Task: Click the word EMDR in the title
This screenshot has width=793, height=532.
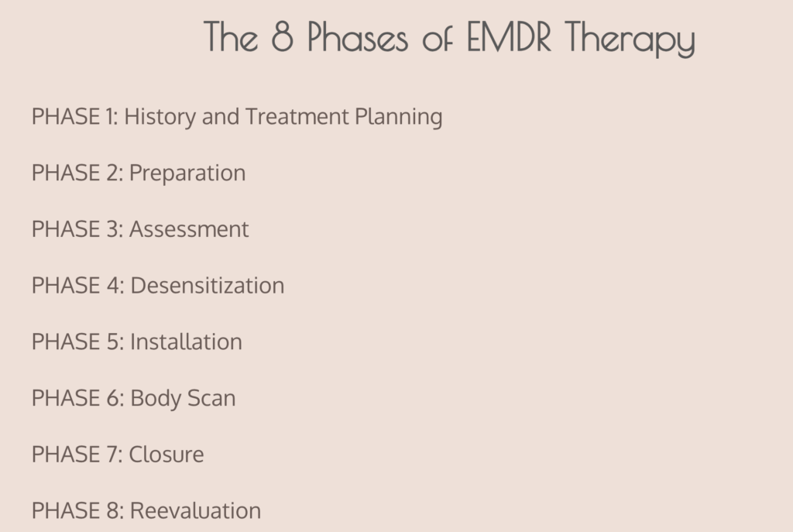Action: [509, 37]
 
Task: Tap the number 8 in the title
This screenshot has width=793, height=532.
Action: [282, 37]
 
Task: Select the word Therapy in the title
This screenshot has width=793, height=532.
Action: [630, 39]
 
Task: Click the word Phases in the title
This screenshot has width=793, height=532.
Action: [358, 37]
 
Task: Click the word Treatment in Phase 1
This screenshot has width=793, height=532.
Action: [297, 116]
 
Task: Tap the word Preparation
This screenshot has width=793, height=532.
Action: [187, 173]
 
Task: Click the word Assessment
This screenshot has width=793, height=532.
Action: [190, 229]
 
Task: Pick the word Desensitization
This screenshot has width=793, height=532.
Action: [208, 285]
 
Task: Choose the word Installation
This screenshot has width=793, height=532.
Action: [187, 342]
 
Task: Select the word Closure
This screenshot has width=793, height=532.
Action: [166, 454]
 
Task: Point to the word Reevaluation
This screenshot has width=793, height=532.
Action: [196, 510]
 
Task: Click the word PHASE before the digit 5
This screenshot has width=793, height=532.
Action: [66, 342]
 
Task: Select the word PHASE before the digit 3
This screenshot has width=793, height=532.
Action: [66, 229]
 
